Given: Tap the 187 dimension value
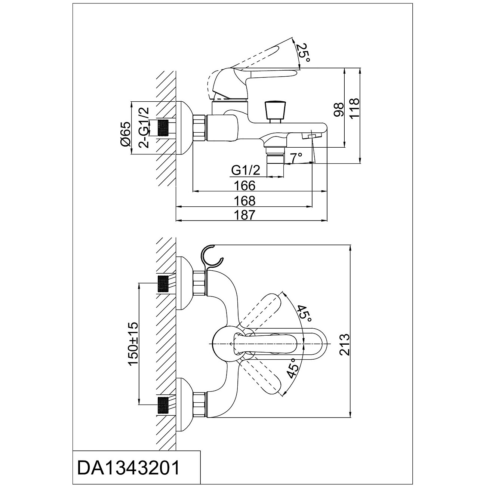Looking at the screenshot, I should click(245, 215).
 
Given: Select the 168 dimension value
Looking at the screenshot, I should click(245, 201).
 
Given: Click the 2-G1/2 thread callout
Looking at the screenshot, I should click(144, 127).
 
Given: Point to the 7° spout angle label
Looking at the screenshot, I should click(296, 158).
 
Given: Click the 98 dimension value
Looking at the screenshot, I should click(338, 110).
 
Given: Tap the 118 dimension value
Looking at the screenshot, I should click(354, 108).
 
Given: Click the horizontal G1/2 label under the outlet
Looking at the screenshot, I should click(245, 170).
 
